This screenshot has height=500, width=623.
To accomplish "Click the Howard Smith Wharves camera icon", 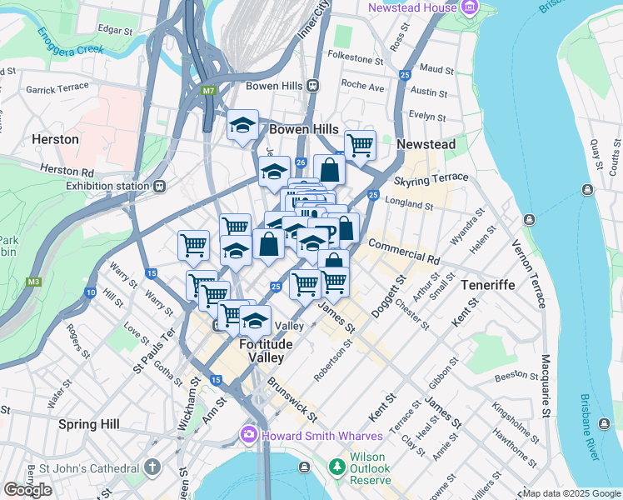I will point(248,435).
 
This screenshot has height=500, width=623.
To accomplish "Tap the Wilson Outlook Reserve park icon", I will point(336,466).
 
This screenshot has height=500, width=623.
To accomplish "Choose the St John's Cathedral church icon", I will point(152,467).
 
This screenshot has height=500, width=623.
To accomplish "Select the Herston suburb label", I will point(55,139).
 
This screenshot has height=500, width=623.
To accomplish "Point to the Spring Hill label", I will point(89,424).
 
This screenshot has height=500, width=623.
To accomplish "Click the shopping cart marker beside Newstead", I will point(360,145).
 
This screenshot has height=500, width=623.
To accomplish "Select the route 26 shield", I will point(301,162).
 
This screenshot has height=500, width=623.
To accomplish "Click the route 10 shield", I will point(90,292).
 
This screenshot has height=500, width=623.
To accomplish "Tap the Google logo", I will point(27,489).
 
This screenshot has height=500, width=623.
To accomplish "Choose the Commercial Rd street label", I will point(403,252).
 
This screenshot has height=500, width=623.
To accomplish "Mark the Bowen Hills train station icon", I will point(313,85).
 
